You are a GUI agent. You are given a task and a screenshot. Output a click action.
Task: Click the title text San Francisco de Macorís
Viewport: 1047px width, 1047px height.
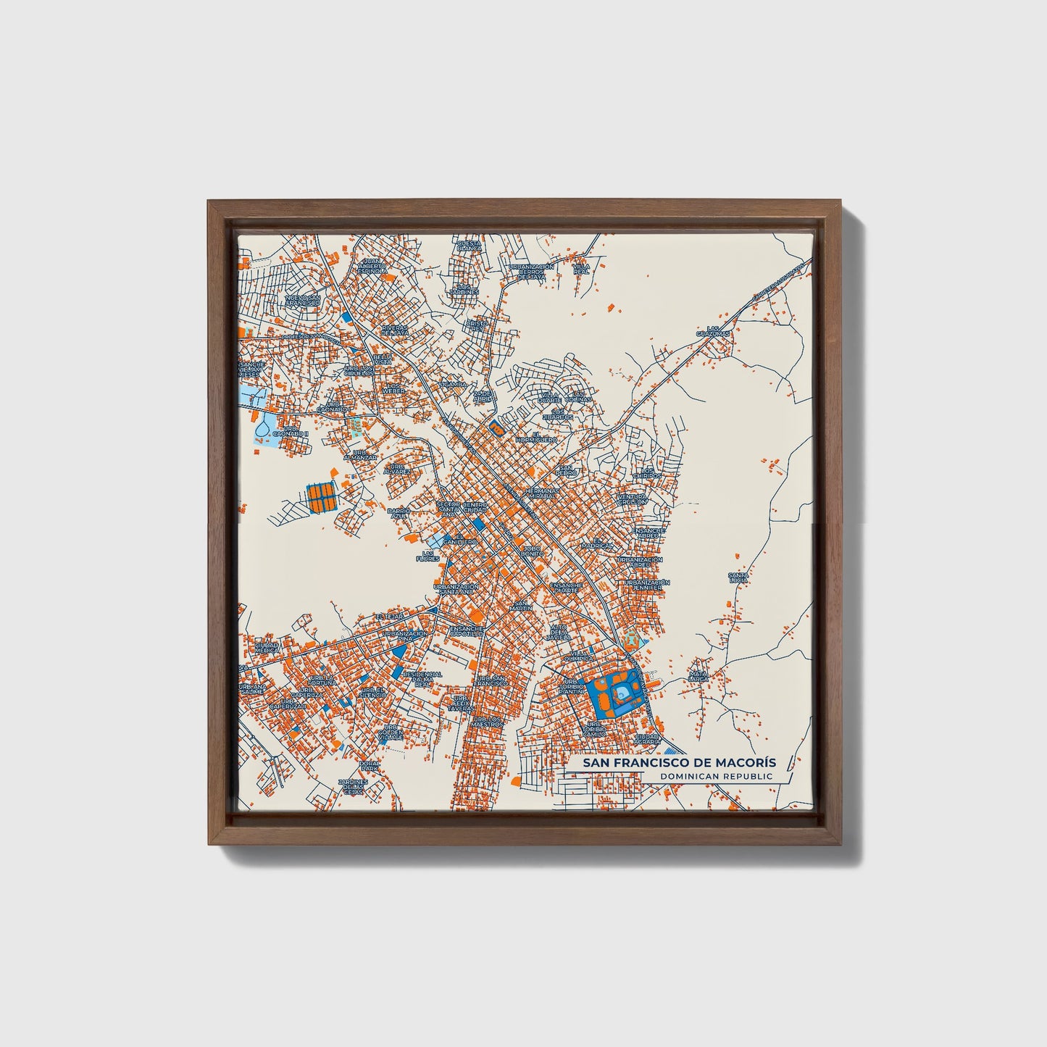click(x=672, y=763)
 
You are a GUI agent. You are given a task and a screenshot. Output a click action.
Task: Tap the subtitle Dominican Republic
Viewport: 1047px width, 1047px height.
click(x=716, y=777)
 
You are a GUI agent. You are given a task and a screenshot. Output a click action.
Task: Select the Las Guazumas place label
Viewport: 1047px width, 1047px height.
click(x=713, y=331)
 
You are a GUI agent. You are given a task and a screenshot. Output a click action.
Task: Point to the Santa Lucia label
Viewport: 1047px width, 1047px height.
click(x=738, y=577)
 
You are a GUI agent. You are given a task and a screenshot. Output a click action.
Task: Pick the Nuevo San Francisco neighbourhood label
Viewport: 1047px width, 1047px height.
click(x=303, y=299)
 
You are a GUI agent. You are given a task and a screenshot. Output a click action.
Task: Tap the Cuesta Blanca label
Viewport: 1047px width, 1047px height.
click(x=469, y=246)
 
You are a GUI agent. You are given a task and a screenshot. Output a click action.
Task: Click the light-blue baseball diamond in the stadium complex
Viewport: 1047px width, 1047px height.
click(x=621, y=693)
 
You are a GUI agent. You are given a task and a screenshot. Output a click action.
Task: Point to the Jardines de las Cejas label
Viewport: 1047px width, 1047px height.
click(x=353, y=786)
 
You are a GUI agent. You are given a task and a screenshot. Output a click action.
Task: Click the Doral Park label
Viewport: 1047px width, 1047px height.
click(x=370, y=764)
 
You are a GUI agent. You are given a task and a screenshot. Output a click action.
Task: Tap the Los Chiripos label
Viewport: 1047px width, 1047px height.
click(x=643, y=472)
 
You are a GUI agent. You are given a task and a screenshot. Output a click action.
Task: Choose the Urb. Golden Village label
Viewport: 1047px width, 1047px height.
click(x=391, y=732)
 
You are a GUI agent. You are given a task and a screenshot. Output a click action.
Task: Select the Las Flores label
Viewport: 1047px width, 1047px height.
click(x=427, y=556)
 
